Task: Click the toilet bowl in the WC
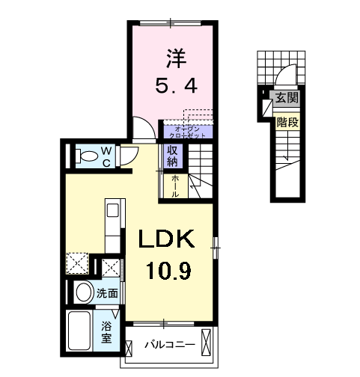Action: pos(89,156)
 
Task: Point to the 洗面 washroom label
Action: pos(106,294)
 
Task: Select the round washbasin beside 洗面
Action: pos(83,292)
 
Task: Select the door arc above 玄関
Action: pos(282,78)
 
